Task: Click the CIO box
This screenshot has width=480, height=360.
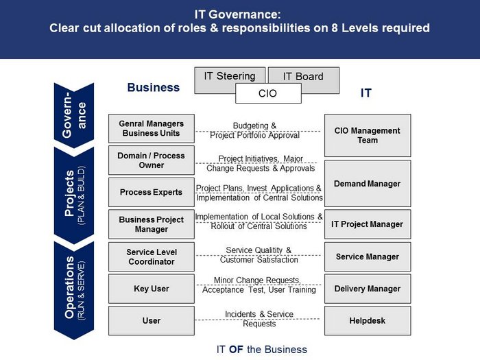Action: (268, 93)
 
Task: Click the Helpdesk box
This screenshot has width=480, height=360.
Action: (368, 320)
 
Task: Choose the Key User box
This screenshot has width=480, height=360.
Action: (152, 289)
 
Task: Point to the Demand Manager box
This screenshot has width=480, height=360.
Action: (368, 184)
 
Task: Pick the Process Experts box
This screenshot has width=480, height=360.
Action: (152, 192)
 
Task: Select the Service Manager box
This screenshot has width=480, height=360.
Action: (368, 256)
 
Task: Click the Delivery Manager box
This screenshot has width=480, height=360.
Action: (368, 289)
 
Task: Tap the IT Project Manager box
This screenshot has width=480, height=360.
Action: (368, 224)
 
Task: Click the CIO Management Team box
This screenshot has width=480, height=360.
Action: (368, 135)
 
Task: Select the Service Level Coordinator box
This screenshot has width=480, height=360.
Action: (152, 256)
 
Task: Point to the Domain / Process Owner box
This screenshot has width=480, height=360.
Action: (152, 160)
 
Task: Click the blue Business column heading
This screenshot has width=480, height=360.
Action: (154, 88)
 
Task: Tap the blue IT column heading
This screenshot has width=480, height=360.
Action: (365, 93)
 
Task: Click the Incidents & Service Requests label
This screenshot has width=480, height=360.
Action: (259, 319)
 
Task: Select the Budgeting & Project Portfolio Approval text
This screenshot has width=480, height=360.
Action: (254, 130)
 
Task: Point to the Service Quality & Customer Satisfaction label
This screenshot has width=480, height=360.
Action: (259, 255)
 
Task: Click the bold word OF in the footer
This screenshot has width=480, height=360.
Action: (236, 349)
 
